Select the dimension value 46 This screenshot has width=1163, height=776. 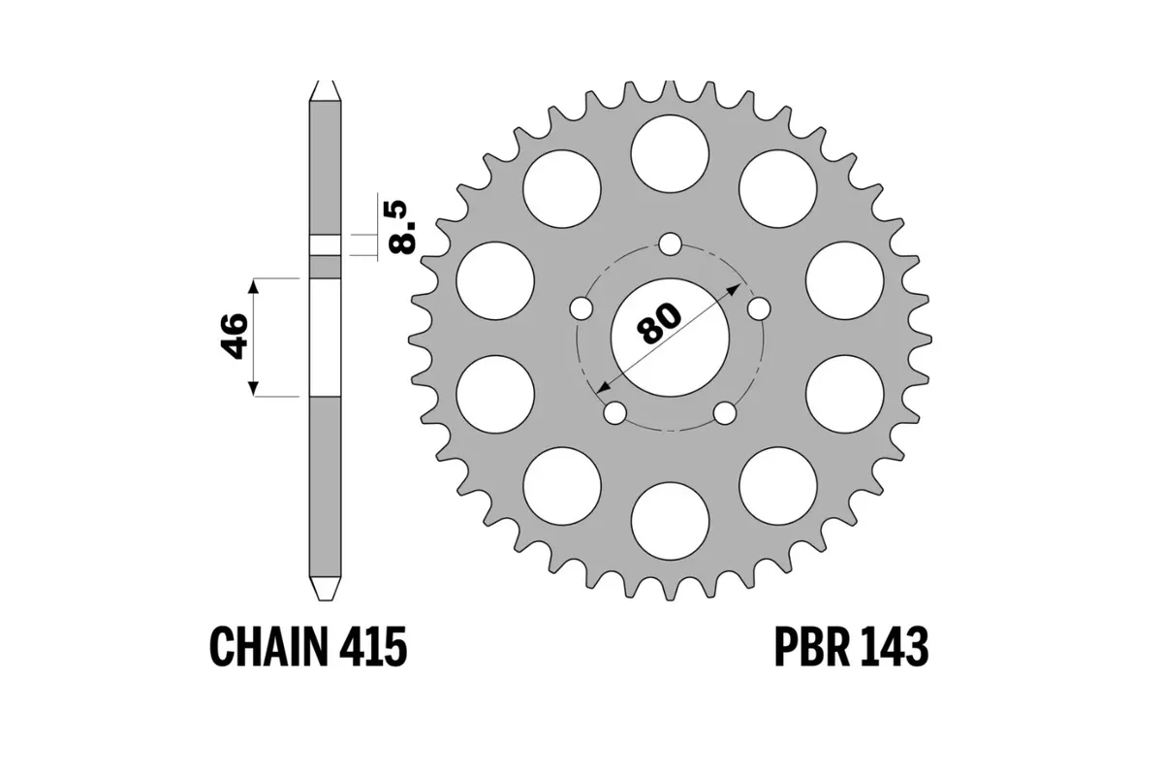(236, 337)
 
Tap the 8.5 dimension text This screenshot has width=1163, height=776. (401, 225)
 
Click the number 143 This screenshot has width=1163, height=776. (893, 647)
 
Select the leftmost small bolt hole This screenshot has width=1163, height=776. (581, 308)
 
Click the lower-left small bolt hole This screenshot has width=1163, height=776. (614, 413)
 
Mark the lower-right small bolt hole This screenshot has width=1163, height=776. (724, 413)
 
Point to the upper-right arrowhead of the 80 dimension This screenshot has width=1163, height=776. (736, 288)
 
